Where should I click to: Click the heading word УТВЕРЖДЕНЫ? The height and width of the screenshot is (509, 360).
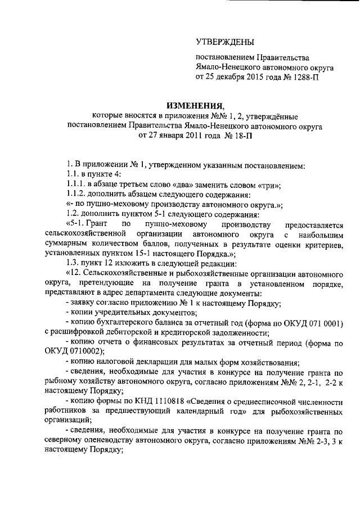click(x=224, y=42)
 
